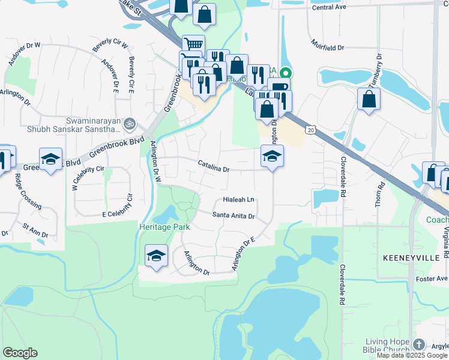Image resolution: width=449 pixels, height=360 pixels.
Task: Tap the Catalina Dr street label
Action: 214,170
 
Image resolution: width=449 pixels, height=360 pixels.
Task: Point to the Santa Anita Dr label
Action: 234,216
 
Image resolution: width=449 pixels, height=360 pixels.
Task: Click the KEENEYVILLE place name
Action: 412,257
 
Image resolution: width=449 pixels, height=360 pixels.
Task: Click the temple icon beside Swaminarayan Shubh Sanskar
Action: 130,124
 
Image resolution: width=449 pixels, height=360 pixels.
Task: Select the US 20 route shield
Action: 310,130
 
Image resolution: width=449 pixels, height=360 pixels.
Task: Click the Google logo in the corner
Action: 20,353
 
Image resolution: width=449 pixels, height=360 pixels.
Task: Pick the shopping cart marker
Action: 193,44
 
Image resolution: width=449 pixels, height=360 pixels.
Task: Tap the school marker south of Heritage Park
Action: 156,256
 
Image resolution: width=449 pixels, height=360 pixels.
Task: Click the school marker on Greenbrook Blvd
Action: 51,158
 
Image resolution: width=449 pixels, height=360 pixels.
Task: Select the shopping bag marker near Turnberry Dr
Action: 369,98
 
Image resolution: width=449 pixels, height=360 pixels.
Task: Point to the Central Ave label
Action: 330,8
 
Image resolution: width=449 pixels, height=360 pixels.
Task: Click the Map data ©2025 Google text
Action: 412,355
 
